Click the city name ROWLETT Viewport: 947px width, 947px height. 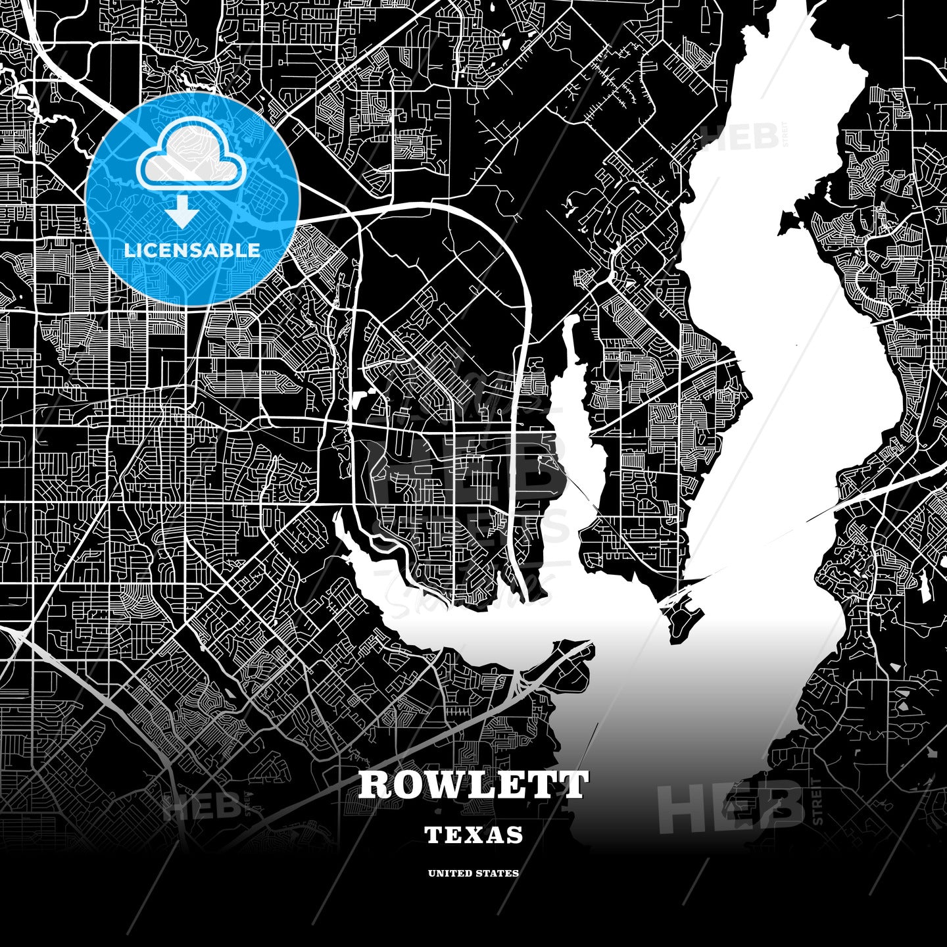[473, 785]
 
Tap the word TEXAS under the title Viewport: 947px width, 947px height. [473, 835]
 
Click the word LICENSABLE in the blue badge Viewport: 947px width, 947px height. [192, 251]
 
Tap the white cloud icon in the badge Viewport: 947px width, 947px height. [191, 158]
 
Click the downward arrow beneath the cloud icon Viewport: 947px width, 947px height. [182, 213]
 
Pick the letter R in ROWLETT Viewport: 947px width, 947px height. [373, 785]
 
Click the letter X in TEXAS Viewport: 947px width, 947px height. [475, 835]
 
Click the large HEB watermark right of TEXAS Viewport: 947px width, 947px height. [730, 806]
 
